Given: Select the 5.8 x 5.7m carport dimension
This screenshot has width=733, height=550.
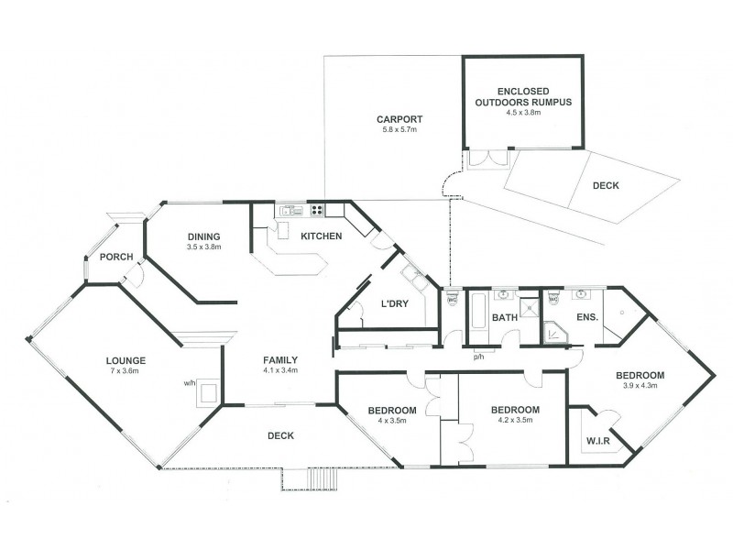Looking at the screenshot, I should (x=399, y=130).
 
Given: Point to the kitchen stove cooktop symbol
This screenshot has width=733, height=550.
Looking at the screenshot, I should (x=317, y=210).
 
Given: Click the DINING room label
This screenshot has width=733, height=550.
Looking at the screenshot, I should (x=204, y=236).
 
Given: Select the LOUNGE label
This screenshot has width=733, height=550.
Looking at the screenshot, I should (x=126, y=360).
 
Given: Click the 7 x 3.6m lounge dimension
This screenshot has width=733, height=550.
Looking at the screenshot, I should (x=126, y=372).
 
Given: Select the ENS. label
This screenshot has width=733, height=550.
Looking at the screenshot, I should (x=587, y=317).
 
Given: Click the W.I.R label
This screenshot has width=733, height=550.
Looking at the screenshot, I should (x=598, y=442).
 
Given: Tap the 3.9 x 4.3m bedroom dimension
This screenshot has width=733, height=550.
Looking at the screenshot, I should (x=639, y=388).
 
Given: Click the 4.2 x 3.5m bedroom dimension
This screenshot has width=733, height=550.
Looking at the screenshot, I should (x=513, y=422).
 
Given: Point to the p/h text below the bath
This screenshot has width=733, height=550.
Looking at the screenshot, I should (x=478, y=356).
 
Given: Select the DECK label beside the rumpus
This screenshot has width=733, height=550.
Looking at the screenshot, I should (x=606, y=185).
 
